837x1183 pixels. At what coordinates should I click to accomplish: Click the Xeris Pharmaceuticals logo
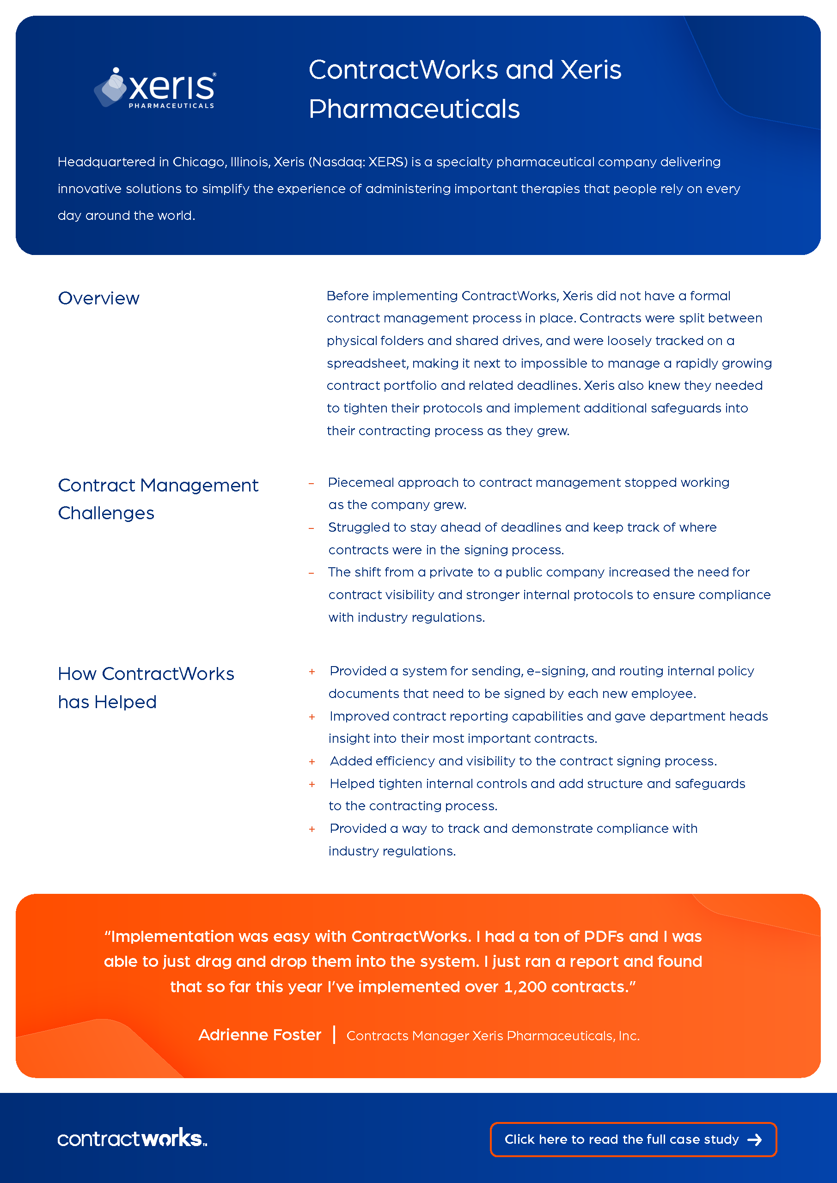click(x=155, y=88)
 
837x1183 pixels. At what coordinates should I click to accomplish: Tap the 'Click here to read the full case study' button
click(x=632, y=1139)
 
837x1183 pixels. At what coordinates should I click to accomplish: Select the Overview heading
click(x=98, y=298)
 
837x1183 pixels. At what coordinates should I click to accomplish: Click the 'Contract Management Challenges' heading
click(x=158, y=499)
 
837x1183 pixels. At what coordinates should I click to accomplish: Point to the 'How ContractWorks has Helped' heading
click(x=146, y=687)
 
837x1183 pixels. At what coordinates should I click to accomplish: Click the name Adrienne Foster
click(x=260, y=1035)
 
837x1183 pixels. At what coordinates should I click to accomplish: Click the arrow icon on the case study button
click(x=755, y=1140)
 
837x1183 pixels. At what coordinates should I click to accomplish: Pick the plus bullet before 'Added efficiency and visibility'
click(x=312, y=762)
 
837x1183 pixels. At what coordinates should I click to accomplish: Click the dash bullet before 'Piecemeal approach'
click(x=312, y=483)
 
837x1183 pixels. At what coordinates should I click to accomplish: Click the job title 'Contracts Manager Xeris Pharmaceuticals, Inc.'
click(x=493, y=1036)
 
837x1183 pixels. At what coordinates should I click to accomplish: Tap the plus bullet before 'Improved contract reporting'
click(x=312, y=717)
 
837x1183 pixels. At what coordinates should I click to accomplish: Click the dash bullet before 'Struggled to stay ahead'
click(x=312, y=528)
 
